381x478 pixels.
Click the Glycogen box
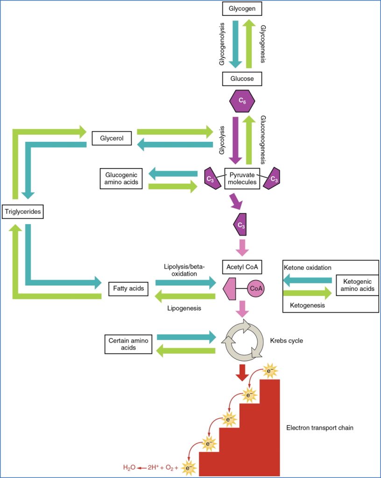pos(242,9)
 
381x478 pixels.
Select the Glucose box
pos(242,79)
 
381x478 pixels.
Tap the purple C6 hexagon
pos(242,101)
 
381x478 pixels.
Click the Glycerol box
pos(112,139)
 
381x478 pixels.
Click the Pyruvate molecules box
pos(242,178)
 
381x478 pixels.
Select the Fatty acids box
pos(128,289)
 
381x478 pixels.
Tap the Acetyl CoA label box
pos(242,267)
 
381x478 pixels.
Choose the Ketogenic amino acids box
pos(358,285)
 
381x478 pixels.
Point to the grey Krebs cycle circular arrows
pos(242,341)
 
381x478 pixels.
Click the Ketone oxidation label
pos(308,267)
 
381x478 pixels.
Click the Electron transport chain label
pos(320,427)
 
